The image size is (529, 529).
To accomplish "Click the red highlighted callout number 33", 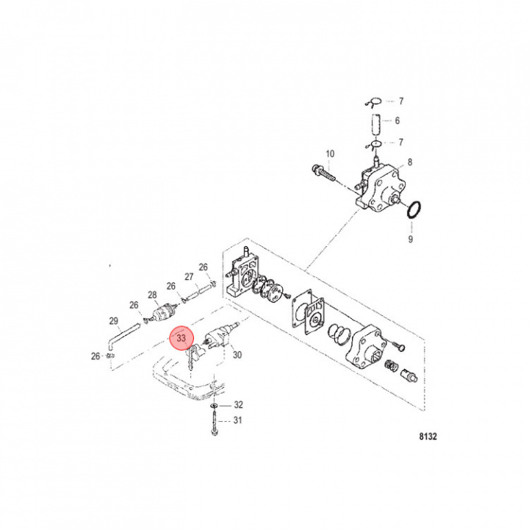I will pos(181,339).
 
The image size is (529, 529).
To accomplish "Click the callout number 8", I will pos(410,162).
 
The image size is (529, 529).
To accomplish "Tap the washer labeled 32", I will pos(212,406).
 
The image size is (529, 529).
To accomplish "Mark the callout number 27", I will pos(188,277).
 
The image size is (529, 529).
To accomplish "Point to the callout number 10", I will pos(330,154).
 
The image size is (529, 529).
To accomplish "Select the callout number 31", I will pos(237,420).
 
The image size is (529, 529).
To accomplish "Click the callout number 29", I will pos(113,321).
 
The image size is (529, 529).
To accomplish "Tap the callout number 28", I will pos(153,295).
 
